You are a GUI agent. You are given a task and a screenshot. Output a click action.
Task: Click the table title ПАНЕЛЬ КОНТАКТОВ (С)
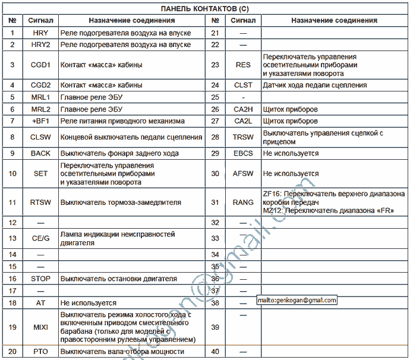tap(205, 8)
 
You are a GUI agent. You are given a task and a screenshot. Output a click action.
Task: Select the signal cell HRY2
tap(40, 45)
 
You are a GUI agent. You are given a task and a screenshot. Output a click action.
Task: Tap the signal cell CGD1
tap(40, 64)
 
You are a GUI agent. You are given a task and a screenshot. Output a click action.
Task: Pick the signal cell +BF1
tap(40, 121)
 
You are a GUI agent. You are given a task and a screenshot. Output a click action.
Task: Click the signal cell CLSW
tap(40, 137)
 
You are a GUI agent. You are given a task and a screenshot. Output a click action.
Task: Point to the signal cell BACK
tap(40, 153)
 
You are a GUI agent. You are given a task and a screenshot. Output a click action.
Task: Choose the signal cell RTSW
tap(40, 202)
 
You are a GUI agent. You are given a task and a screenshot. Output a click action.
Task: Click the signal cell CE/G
tap(40, 238)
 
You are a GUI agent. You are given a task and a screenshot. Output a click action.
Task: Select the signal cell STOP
tap(40, 278)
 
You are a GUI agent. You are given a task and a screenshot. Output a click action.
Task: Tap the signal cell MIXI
tap(40, 327)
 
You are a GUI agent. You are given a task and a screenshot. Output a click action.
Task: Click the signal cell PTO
tap(40, 352)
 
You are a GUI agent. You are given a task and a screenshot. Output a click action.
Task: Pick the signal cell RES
tap(243, 65)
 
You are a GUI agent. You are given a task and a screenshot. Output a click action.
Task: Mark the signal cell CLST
tap(243, 85)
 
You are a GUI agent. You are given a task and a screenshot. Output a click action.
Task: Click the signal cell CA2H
tap(243, 109)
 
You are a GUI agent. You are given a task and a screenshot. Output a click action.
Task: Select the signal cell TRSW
tap(243, 137)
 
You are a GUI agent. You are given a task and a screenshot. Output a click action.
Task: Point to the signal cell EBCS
tap(243, 153)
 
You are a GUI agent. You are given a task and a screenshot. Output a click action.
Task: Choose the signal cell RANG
tap(243, 202)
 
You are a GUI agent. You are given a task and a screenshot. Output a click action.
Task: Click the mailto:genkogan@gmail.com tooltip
tap(297, 301)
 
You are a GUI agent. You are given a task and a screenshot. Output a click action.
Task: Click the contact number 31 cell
tap(215, 202)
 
